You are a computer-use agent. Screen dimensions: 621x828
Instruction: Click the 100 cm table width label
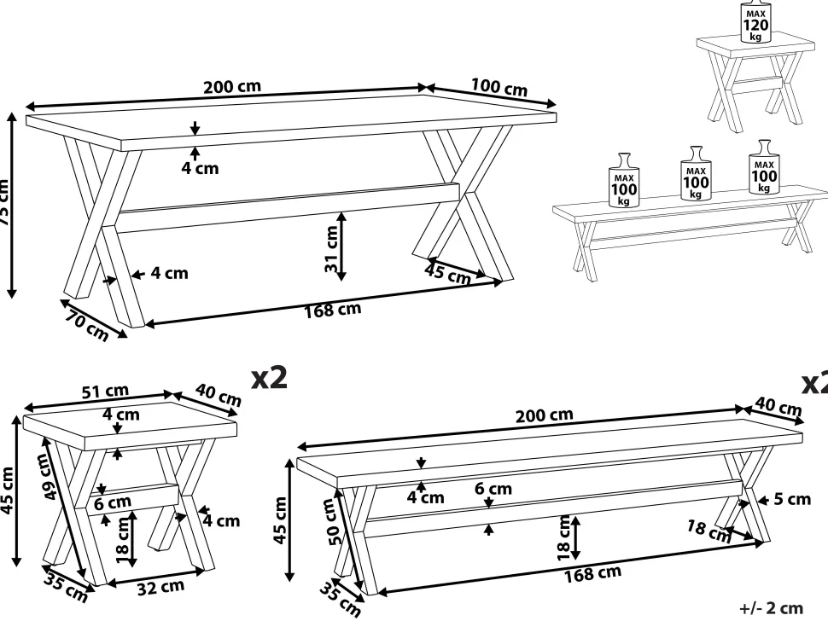[x=499, y=87]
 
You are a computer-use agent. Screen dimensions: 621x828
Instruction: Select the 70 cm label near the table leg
[x=85, y=327]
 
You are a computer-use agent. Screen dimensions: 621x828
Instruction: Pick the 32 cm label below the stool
[x=161, y=587]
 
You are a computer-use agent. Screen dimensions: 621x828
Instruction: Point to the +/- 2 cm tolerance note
[x=772, y=607]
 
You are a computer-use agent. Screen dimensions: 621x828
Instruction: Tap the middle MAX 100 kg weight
[x=696, y=177]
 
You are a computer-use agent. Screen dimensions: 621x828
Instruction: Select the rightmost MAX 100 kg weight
[x=763, y=170]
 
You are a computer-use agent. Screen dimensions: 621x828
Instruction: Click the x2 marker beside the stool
[x=268, y=378]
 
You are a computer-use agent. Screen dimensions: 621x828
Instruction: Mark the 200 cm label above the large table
[x=232, y=87]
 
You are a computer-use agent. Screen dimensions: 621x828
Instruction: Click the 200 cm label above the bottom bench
[x=544, y=415]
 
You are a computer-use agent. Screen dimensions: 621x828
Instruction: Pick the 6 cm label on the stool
[x=114, y=502]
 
